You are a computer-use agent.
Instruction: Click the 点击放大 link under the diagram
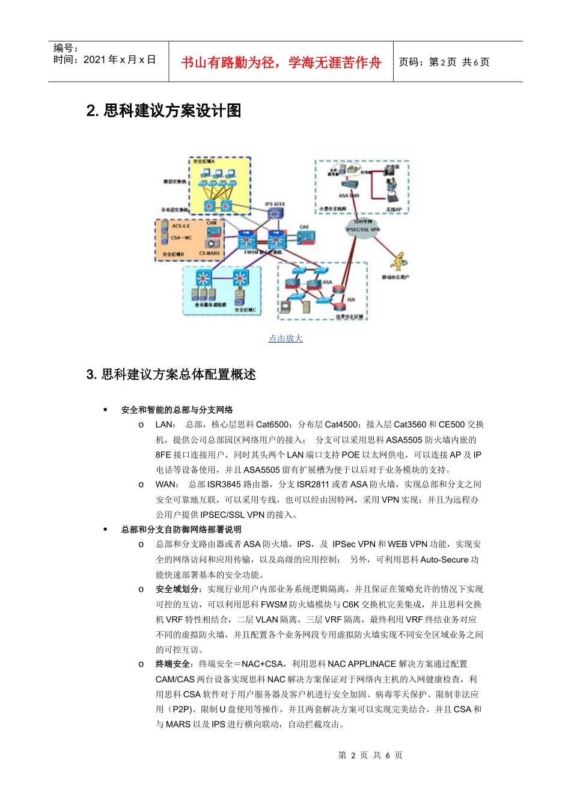click(285, 338)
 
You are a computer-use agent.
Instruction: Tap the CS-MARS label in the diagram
click(210, 254)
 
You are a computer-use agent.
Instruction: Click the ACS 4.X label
click(180, 226)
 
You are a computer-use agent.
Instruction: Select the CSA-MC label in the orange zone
click(181, 237)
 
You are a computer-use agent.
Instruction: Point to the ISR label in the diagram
click(351, 299)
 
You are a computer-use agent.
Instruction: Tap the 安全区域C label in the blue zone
click(245, 310)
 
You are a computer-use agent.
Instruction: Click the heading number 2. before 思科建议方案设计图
click(93, 111)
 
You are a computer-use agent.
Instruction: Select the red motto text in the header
click(281, 63)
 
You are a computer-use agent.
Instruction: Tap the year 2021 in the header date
click(94, 60)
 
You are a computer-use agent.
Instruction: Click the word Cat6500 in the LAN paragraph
click(273, 424)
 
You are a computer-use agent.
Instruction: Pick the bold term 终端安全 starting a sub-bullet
click(174, 664)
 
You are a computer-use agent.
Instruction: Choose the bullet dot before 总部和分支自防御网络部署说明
click(105, 530)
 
